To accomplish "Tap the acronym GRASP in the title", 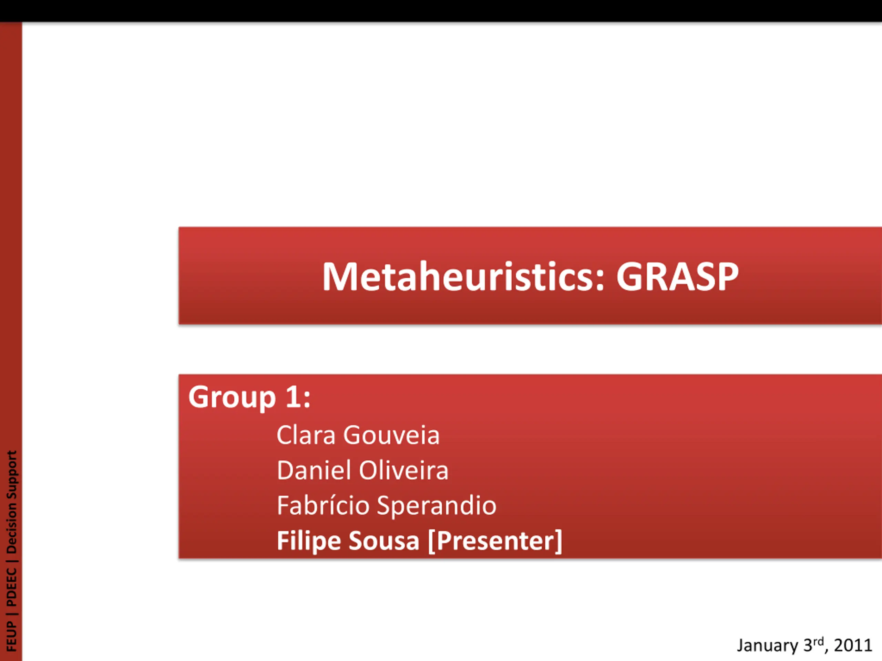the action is tap(677, 276).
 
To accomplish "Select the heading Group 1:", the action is tap(249, 398).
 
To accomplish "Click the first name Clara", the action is tap(306, 435).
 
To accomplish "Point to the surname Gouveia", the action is tap(391, 435).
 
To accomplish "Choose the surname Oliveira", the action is tap(403, 470).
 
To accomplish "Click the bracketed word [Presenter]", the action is tap(495, 542).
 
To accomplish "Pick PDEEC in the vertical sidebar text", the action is tap(11, 587).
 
